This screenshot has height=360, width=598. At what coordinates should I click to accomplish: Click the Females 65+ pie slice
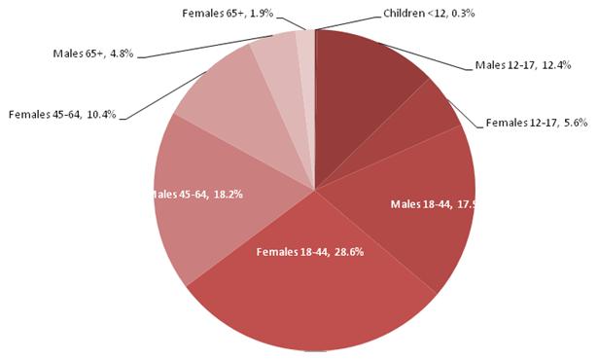(x=303, y=49)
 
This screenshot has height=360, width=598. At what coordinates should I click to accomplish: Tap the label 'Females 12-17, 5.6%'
(x=536, y=124)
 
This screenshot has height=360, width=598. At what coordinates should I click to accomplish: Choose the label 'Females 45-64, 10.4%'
(x=62, y=114)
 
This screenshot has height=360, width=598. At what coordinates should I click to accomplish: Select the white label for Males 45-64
(x=199, y=195)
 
